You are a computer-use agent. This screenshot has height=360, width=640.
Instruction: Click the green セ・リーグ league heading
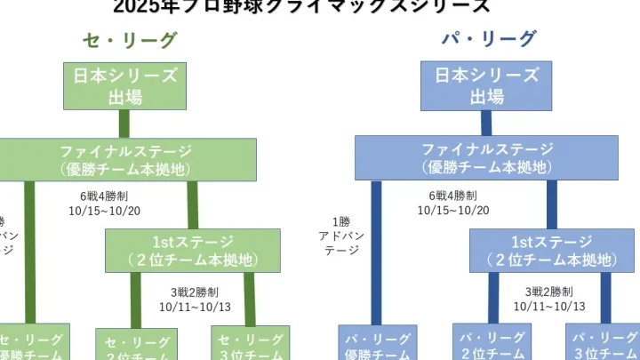coord(130,39)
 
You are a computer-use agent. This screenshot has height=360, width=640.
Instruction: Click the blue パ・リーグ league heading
coord(489,39)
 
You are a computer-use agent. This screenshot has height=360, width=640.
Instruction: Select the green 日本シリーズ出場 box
coord(124,86)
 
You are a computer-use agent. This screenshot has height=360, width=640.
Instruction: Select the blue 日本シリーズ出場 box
coord(486,86)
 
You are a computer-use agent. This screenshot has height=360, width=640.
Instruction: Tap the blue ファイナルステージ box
coord(486,157)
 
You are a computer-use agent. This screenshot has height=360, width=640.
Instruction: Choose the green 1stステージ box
coord(192,251)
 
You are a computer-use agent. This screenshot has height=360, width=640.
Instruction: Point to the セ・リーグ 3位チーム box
coord(250,345)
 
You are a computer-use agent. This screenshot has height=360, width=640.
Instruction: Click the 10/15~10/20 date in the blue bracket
coord(453,211)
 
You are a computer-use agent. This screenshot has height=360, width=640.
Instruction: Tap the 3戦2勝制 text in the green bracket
coord(195,291)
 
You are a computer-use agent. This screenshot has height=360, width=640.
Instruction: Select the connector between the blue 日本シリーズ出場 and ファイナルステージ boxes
coord(486,123)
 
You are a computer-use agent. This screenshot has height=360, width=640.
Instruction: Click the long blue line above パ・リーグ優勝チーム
coord(375,252)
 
